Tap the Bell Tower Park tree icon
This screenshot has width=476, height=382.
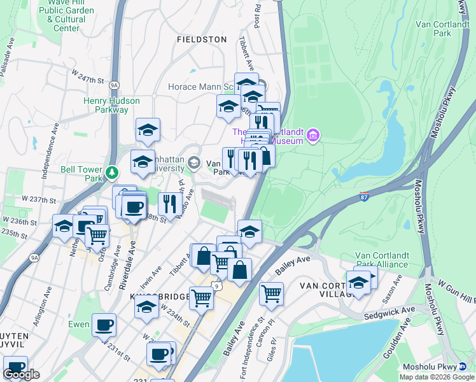click(112, 173)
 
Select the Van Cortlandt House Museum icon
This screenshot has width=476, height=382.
click(312, 135)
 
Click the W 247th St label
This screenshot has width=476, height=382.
click(87, 80)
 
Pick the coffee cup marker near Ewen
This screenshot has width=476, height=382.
click(104, 325)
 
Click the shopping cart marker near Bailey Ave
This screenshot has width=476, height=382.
click(271, 294)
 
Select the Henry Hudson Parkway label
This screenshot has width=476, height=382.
click(106, 105)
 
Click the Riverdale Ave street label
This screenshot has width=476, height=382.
click(127, 267)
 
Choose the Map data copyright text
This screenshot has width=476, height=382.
click(436, 377)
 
